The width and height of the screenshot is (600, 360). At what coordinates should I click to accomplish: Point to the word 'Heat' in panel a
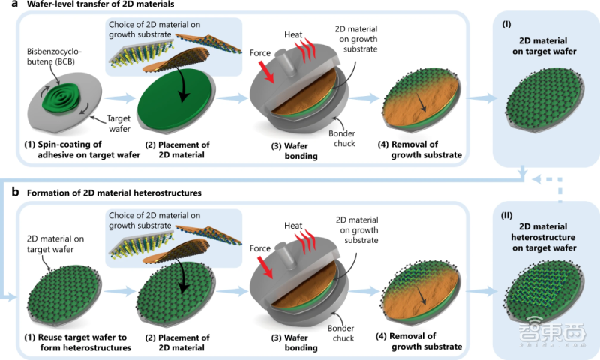coord(293,35)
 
